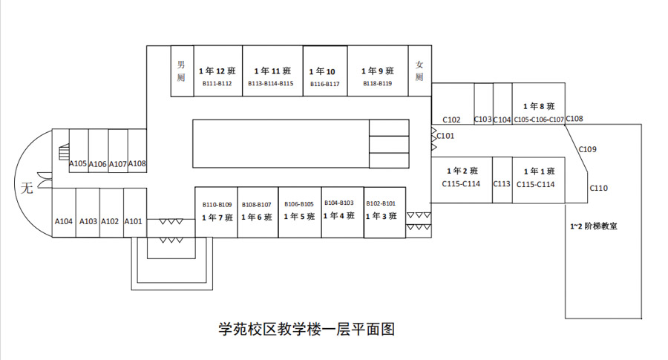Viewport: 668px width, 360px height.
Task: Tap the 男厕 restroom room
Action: [x=181, y=71]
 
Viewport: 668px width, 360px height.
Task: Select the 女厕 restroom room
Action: [x=419, y=71]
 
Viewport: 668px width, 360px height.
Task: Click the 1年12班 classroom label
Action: [x=217, y=71]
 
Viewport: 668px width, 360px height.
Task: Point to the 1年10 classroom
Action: [x=324, y=71]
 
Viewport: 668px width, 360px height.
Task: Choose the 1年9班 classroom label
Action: [x=377, y=71]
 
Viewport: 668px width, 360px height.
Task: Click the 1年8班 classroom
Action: [x=539, y=106]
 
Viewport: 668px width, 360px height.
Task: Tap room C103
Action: [x=483, y=119]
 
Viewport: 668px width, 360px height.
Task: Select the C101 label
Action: [x=445, y=136]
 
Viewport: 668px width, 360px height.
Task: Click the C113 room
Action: [x=502, y=184]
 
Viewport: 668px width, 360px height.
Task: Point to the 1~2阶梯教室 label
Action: [x=594, y=226]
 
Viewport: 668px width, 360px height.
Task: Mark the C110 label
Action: [x=599, y=189]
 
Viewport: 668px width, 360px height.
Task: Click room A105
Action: [x=78, y=163]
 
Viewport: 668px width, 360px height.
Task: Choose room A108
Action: [x=137, y=163]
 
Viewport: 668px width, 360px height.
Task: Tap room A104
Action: [x=64, y=220]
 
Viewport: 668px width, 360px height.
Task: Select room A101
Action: [x=134, y=220]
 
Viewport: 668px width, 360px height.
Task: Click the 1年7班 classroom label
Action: [x=217, y=217]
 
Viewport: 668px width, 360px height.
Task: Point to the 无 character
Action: [x=27, y=188]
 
